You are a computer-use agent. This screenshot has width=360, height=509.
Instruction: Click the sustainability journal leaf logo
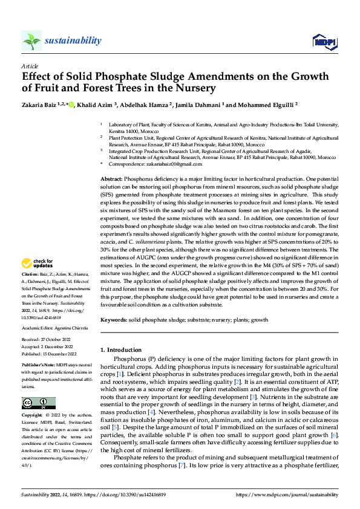pos(31,41)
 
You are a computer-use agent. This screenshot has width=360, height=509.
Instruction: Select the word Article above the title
pos(30,66)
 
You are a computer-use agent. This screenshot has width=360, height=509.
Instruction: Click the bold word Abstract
pos(111,180)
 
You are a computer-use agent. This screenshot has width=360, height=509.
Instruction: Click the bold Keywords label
pos(114,319)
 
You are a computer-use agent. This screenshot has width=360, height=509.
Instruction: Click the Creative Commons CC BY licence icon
pos(39,403)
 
